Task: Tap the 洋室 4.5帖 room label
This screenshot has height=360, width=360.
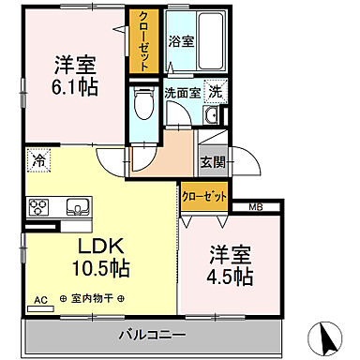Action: click(227, 266)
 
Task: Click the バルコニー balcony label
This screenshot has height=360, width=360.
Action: click(150, 335)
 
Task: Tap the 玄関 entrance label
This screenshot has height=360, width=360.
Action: click(212, 161)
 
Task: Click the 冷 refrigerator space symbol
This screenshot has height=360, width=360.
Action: click(37, 159)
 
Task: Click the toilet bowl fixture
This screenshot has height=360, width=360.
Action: click(142, 105)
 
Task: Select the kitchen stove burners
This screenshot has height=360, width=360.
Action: click(40, 208)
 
